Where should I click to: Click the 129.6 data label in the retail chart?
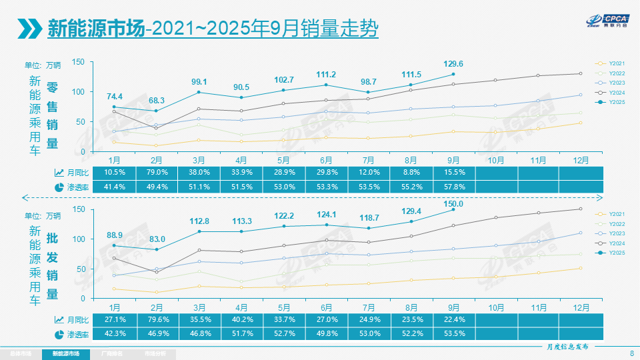pyautogui.click(x=453, y=64)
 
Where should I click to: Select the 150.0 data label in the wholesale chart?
pyautogui.click(x=453, y=203)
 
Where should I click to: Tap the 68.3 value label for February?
pyautogui.click(x=156, y=100)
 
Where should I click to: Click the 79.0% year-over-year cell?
pyautogui.click(x=156, y=172)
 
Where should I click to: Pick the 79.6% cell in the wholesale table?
pyautogui.click(x=156, y=319)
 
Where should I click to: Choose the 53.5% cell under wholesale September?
pyautogui.click(x=453, y=334)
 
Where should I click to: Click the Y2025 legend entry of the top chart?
pyautogui.click(x=615, y=102)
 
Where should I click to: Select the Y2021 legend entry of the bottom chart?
pyautogui.click(x=615, y=213)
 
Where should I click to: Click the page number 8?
pyautogui.click(x=631, y=353)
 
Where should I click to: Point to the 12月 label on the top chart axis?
pyautogui.click(x=581, y=159)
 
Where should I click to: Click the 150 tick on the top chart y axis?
pyautogui.click(x=78, y=62)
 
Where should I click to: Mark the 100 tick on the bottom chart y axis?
pyautogui.click(x=78, y=239)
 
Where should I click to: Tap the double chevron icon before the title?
pyautogui.click(x=30, y=28)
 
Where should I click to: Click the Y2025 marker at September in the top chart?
pyautogui.click(x=453, y=74)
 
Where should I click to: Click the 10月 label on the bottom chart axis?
pyautogui.click(x=496, y=307)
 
